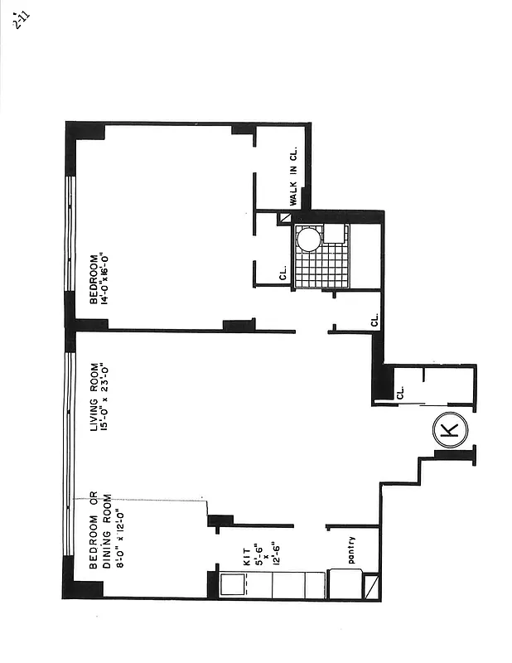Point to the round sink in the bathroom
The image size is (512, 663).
(x=308, y=240)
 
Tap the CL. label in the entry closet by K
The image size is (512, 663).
(x=399, y=392)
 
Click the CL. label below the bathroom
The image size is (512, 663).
(x=374, y=318)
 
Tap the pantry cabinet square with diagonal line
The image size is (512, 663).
(x=370, y=586)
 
